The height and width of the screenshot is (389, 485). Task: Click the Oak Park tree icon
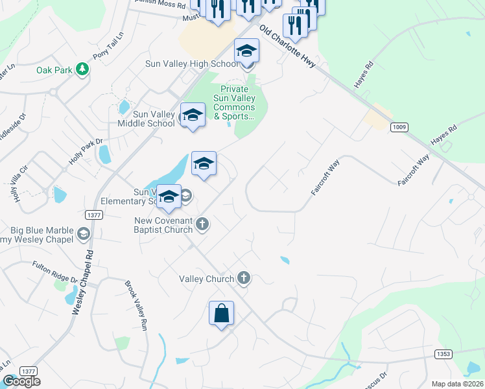[x=82, y=69]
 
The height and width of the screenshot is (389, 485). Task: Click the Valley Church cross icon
[x=244, y=278]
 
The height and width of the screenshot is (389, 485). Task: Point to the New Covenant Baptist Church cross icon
[x=202, y=224]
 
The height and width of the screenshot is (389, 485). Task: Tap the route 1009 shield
[x=399, y=127]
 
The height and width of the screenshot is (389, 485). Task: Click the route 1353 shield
[x=443, y=353]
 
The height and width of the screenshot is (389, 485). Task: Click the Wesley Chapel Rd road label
[x=82, y=283]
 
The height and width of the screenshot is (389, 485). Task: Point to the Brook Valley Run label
[x=135, y=305]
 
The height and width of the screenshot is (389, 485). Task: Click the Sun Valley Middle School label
[x=146, y=119]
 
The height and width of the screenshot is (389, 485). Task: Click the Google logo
[x=21, y=381]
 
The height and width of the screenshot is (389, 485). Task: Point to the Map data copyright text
[x=457, y=384]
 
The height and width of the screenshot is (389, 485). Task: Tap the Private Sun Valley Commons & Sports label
[x=235, y=103]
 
